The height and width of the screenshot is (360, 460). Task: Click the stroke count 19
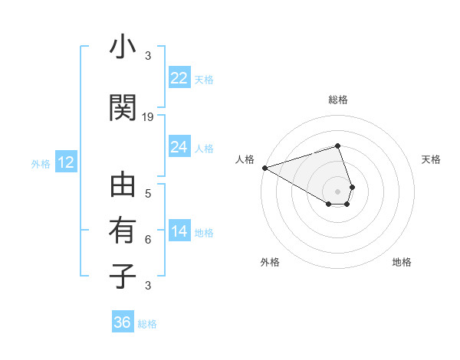click(x=148, y=116)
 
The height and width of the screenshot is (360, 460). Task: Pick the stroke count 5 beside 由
click(x=148, y=193)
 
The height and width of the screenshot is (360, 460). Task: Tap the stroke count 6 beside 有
click(x=148, y=239)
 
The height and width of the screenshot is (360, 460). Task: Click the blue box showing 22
click(x=179, y=78)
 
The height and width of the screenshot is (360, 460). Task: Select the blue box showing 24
click(x=179, y=147)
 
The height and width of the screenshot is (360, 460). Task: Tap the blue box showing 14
click(x=179, y=231)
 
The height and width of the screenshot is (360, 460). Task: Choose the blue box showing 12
click(x=65, y=162)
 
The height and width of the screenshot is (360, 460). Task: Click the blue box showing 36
click(x=122, y=322)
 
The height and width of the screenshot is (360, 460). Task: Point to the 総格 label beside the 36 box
click(x=147, y=324)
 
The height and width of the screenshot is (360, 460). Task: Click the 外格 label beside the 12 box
click(x=40, y=163)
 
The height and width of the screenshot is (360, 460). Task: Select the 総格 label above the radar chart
click(x=337, y=100)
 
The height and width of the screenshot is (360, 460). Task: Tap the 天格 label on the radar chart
click(x=432, y=159)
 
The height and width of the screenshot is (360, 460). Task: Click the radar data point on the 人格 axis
click(x=264, y=167)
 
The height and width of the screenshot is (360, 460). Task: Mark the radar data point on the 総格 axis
click(x=337, y=146)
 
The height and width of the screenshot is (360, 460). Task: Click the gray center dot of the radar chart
click(x=337, y=191)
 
